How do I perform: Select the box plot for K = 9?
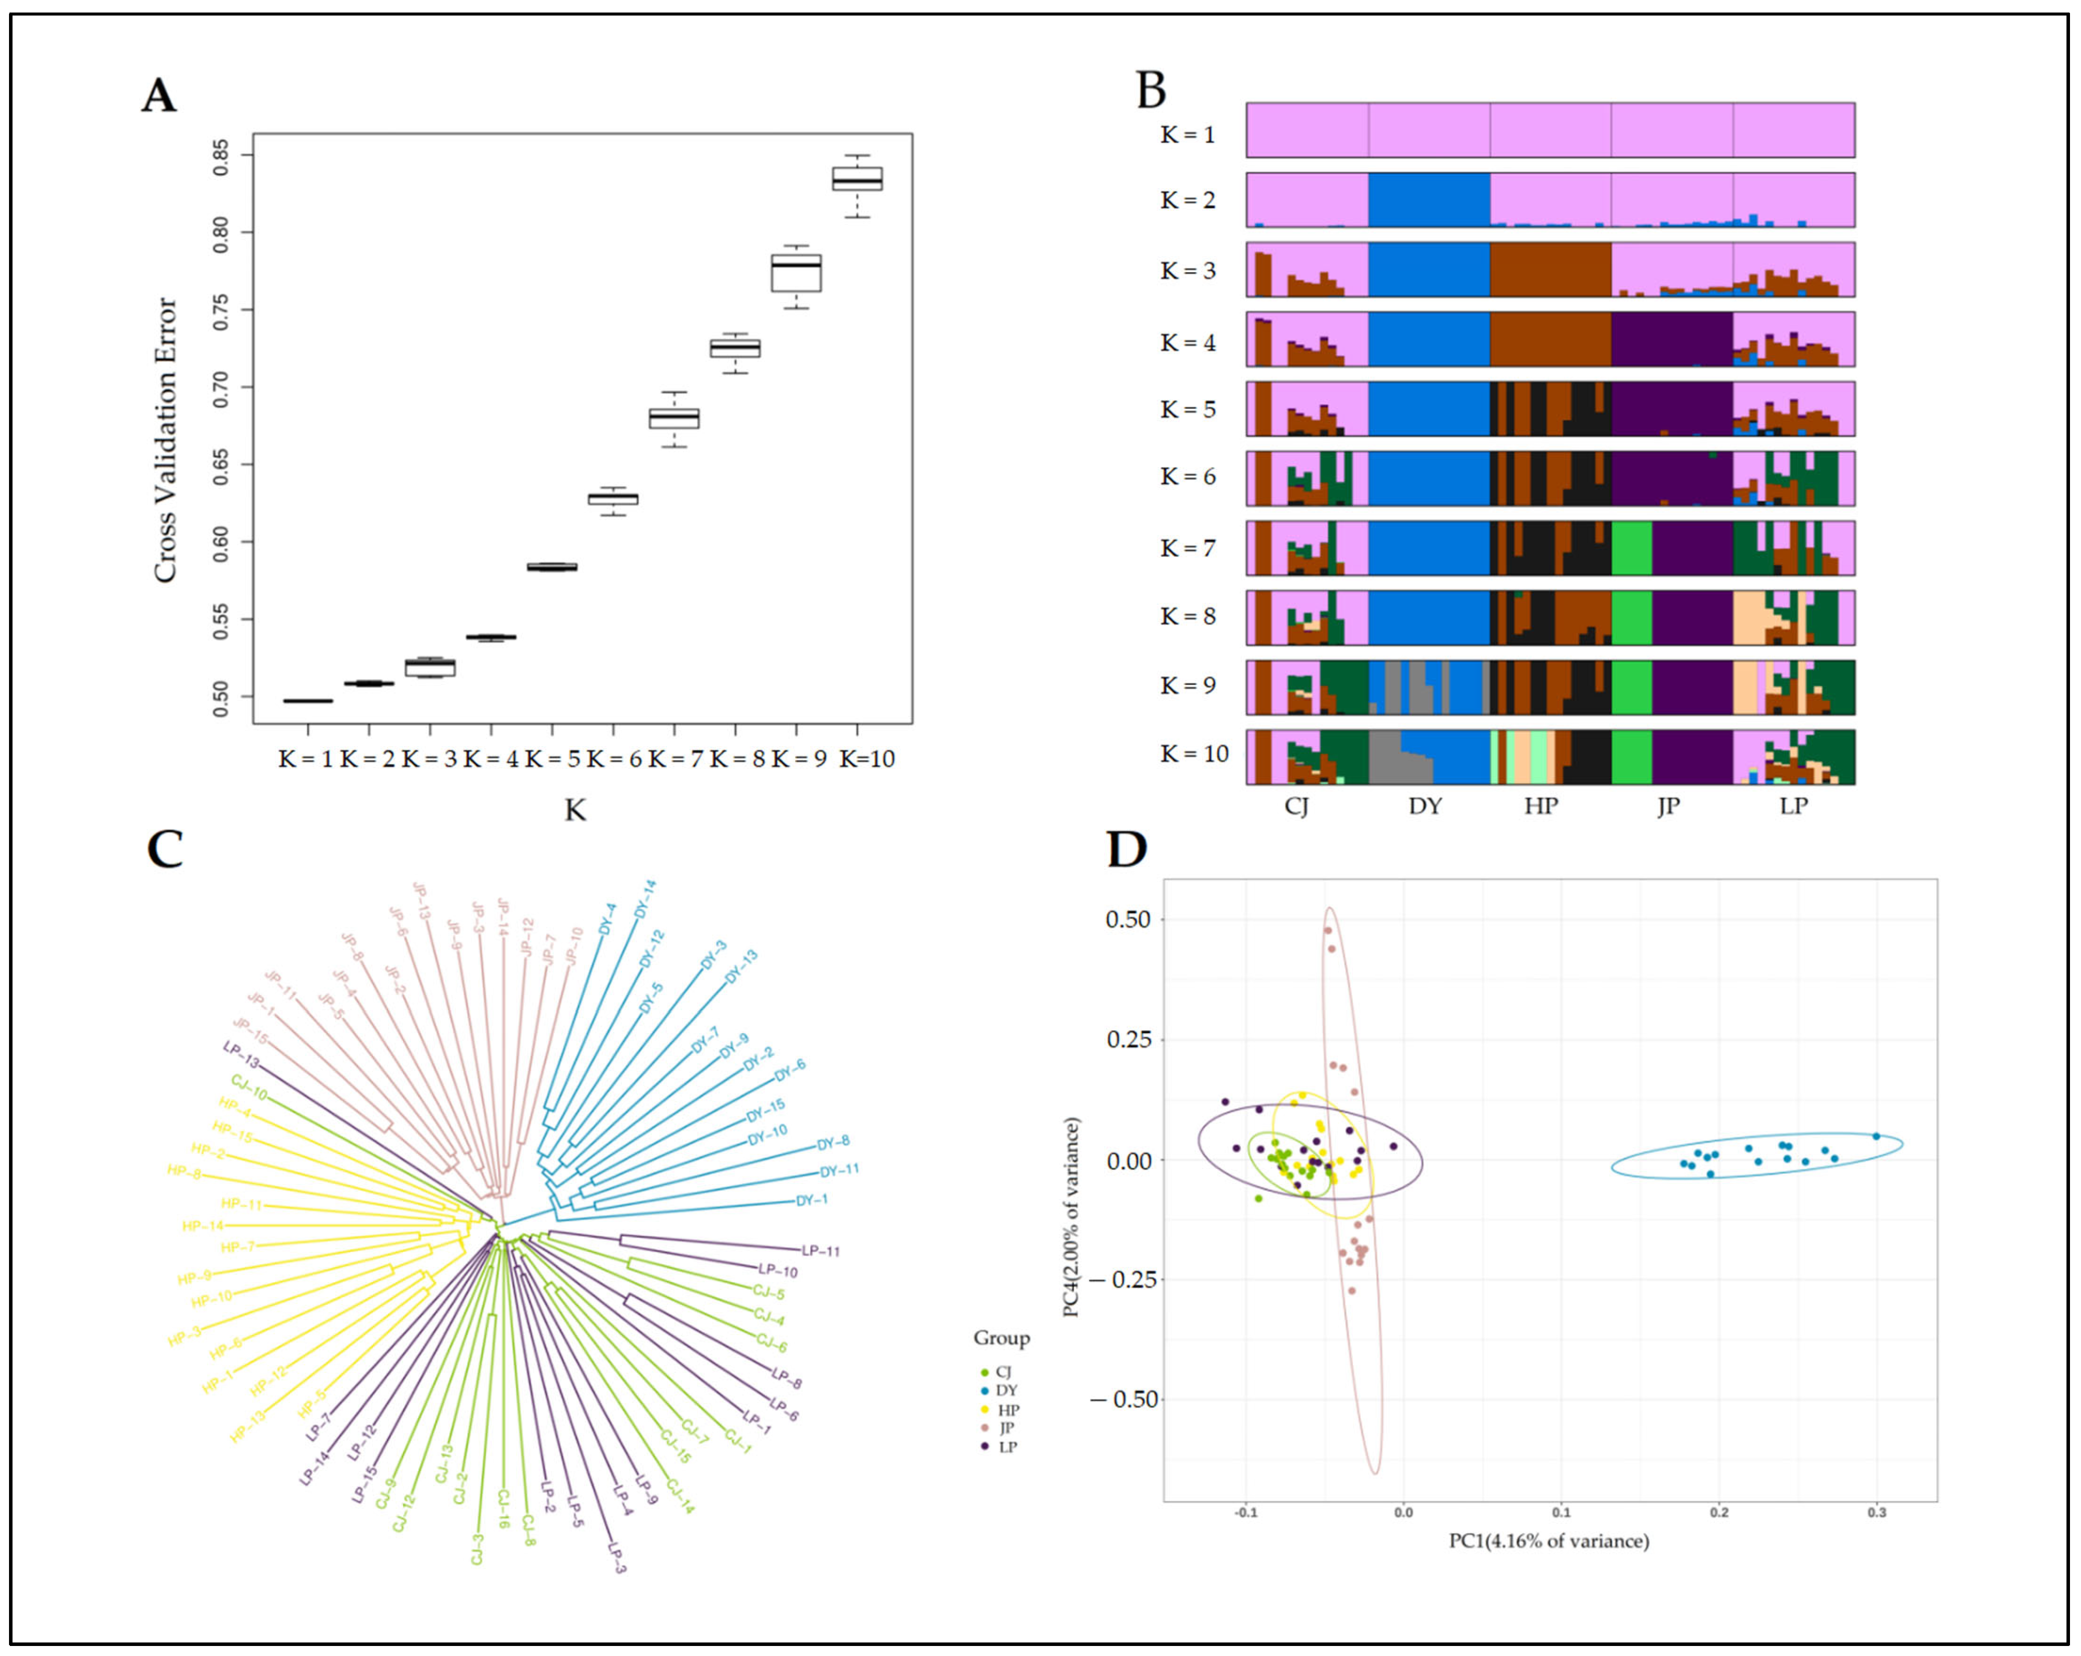(796, 272)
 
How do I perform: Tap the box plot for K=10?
(857, 179)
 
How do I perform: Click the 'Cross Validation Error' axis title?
(166, 439)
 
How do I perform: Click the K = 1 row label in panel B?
(1187, 134)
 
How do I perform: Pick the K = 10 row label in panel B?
(1194, 754)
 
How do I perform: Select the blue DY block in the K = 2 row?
(1429, 200)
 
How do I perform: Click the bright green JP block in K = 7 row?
(1631, 548)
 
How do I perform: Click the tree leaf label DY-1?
(812, 1200)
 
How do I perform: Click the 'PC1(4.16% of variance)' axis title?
(1548, 1541)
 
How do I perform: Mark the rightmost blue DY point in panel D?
(1876, 1136)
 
